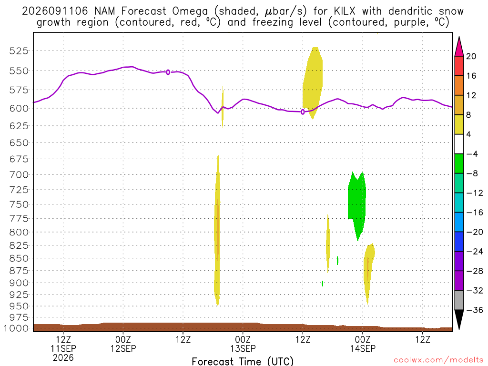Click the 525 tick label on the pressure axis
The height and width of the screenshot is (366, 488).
pyautogui.click(x=19, y=51)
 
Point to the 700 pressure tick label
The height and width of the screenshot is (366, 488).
pyautogui.click(x=19, y=175)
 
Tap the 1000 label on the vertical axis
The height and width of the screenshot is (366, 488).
pyautogui.click(x=16, y=328)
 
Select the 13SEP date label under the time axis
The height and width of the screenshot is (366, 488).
pyautogui.click(x=243, y=348)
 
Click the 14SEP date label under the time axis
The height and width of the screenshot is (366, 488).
pyautogui.click(x=363, y=348)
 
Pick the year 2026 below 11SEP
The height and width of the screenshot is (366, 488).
pyautogui.click(x=63, y=357)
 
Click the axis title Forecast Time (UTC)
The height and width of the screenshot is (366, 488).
pyautogui.click(x=243, y=361)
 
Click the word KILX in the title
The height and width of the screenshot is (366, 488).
pyautogui.click(x=345, y=11)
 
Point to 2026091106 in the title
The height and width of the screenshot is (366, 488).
pyautogui.click(x=55, y=11)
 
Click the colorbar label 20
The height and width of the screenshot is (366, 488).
pyautogui.click(x=471, y=56)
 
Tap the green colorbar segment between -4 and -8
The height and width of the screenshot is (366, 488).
pyautogui.click(x=459, y=163)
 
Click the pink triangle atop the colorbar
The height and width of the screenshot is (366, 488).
pyautogui.click(x=459, y=47)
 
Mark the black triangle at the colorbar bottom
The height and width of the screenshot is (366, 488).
pyautogui.click(x=459, y=319)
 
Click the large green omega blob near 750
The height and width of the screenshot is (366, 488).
pyautogui.click(x=356, y=202)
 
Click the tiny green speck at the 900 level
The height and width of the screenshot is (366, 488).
pyautogui.click(x=323, y=283)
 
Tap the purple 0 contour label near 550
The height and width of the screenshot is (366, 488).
pyautogui.click(x=168, y=72)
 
